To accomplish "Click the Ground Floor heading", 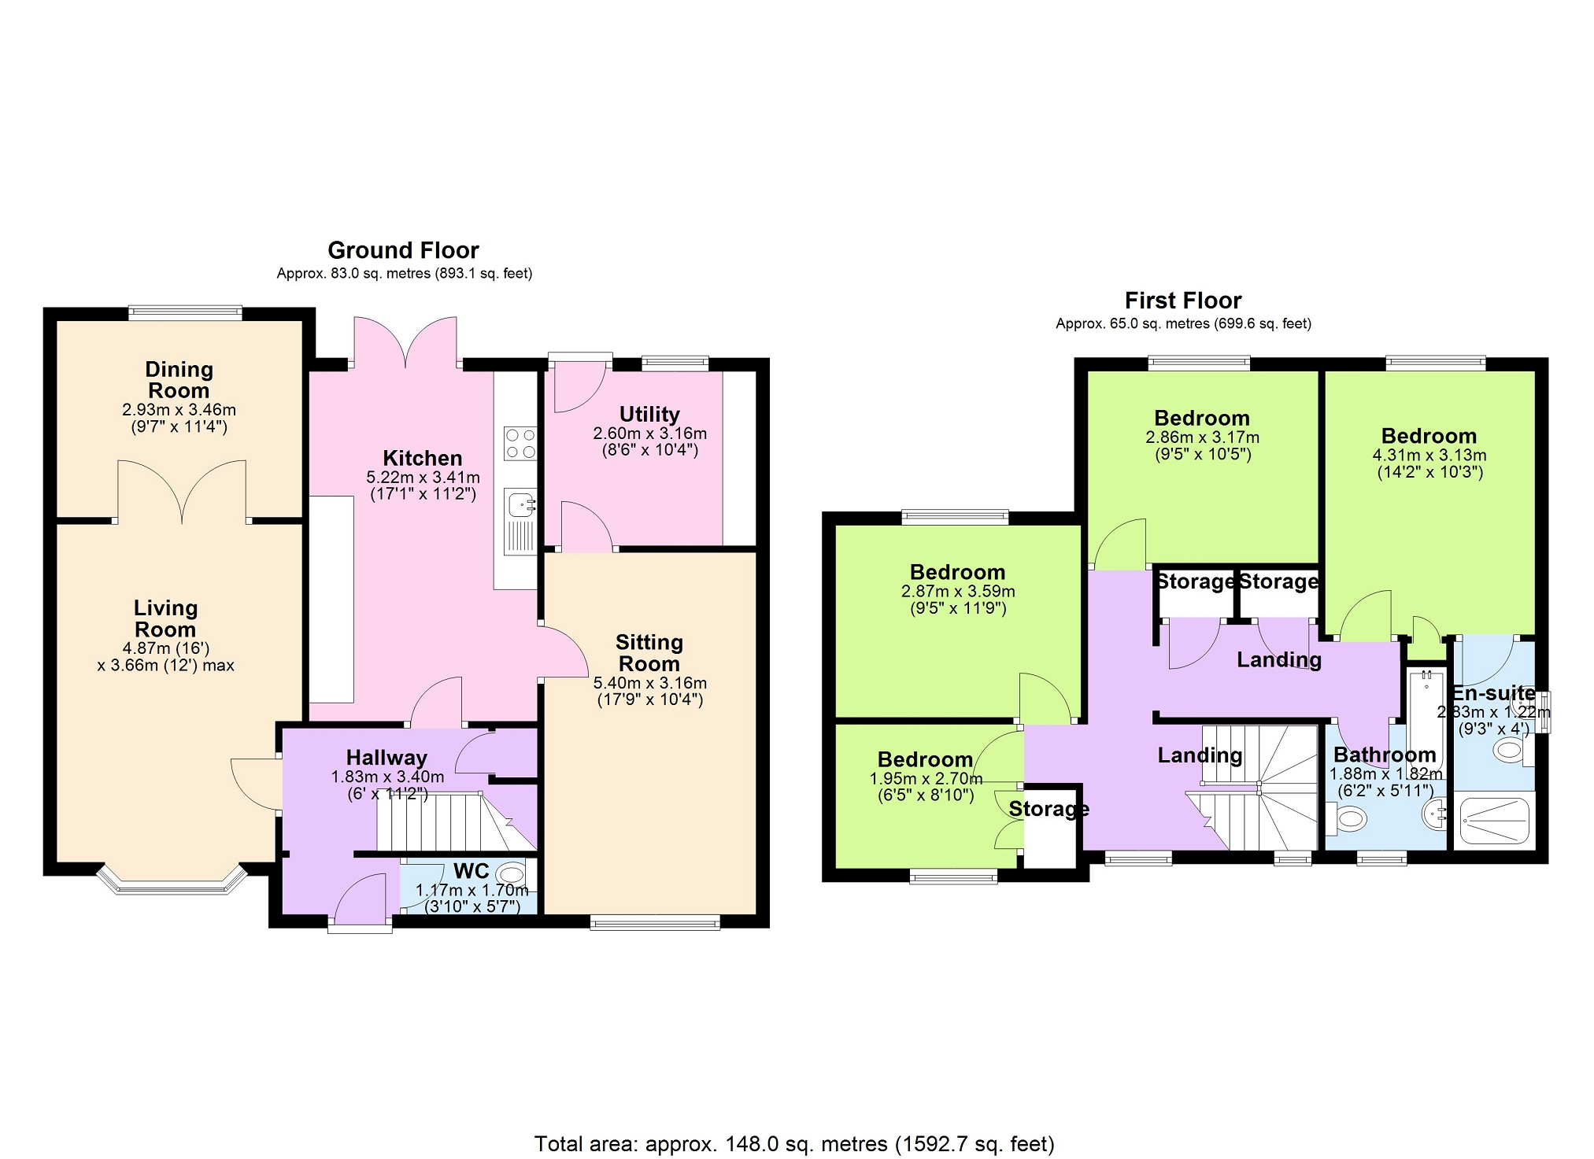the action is [403, 250].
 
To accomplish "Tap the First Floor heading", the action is [1183, 301].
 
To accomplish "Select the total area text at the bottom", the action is [794, 1143].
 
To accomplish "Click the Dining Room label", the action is [179, 380].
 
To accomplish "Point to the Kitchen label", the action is [423, 458].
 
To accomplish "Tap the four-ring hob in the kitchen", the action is [520, 444].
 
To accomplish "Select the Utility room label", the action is [649, 414].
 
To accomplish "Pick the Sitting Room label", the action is [649, 653].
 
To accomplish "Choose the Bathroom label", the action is [1385, 755].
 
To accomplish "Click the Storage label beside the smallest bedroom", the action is [1049, 809].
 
